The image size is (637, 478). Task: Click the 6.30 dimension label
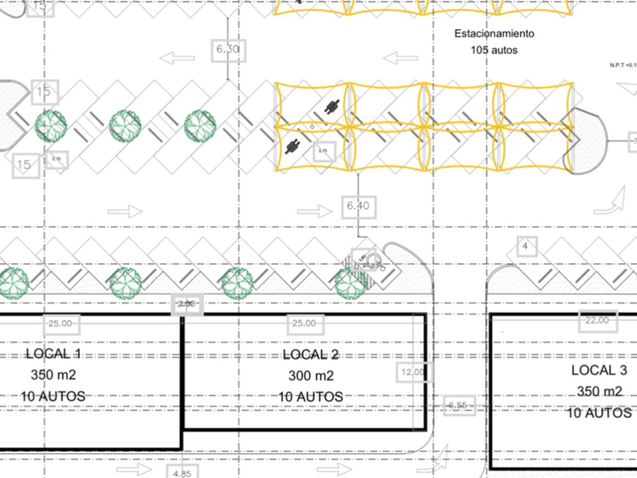click(x=227, y=49)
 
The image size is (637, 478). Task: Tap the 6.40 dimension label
click(x=357, y=205)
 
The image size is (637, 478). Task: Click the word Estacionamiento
click(x=494, y=34)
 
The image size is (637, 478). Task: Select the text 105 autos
click(x=494, y=51)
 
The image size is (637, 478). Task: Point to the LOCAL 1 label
click(x=59, y=354)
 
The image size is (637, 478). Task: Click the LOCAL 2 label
click(x=310, y=354)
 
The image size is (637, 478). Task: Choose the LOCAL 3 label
click(x=599, y=370)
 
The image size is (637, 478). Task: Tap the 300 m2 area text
click(x=310, y=376)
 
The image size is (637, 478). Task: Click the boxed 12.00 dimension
click(x=411, y=372)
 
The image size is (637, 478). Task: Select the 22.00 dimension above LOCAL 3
click(x=596, y=320)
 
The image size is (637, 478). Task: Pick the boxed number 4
click(x=524, y=246)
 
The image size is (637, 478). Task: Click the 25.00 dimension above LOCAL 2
click(x=301, y=323)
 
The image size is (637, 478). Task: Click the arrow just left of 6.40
click(x=316, y=211)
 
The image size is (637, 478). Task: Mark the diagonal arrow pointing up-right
click(x=615, y=200)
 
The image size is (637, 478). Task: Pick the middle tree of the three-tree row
click(x=125, y=125)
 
